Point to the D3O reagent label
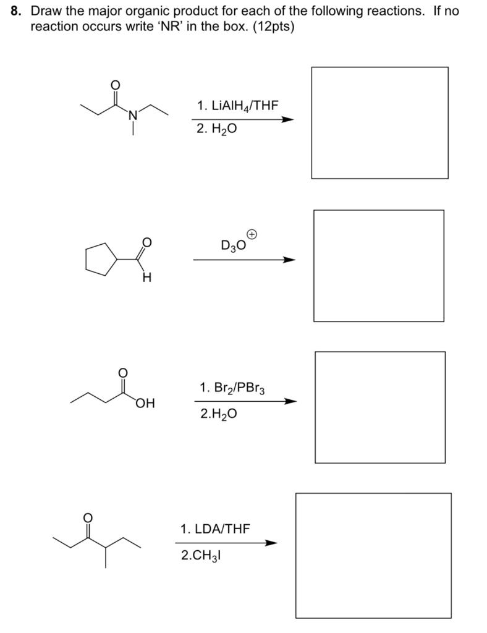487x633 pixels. click(233, 245)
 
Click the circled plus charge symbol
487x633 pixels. click(252, 234)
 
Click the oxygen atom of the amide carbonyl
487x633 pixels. click(113, 85)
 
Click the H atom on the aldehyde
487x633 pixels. click(146, 278)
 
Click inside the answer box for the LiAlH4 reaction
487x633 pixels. click(379, 122)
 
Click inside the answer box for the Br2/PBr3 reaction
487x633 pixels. click(379, 407)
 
